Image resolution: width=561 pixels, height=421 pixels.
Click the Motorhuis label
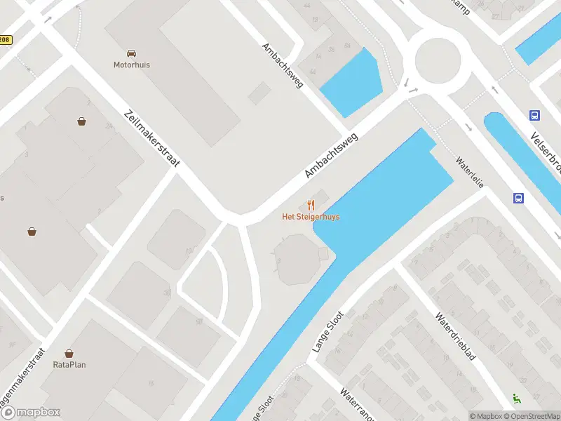pos(132,65)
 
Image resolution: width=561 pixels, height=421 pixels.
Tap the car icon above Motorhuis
pos(131,53)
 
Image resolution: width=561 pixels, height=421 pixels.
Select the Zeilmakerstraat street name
pos(151,138)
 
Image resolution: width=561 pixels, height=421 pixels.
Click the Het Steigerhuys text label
pos(311,217)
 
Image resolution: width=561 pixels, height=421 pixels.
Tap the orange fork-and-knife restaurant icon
pos(311,205)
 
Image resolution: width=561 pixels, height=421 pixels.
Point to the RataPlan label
pos(69,364)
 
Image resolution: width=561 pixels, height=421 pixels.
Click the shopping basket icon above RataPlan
pos(69,354)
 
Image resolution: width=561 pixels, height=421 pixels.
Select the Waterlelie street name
pos(471,171)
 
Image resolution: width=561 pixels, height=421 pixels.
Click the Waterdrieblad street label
pos(455,336)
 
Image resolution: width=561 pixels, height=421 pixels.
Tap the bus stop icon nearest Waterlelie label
pos(518,198)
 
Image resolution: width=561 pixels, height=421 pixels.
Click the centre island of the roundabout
pos(438,59)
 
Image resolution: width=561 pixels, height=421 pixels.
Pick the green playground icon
pos(518,399)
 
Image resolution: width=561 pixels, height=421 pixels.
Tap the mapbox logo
pos(31,413)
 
